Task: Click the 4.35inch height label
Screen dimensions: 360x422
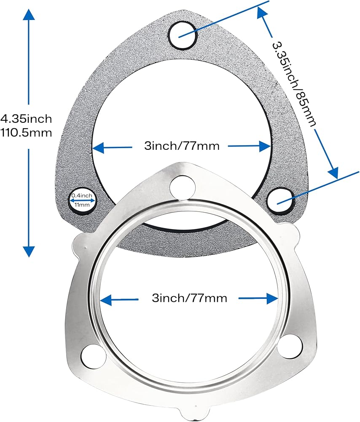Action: click(26, 119)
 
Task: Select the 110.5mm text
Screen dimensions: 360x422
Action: click(26, 133)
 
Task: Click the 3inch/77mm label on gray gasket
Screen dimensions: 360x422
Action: click(182, 146)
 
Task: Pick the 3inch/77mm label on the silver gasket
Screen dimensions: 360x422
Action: click(190, 298)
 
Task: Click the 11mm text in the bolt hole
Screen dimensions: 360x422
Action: click(82, 205)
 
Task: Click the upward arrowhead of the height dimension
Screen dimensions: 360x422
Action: click(29, 15)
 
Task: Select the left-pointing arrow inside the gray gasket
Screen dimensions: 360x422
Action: click(112, 147)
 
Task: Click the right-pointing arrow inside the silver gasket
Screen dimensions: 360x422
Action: click(258, 298)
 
